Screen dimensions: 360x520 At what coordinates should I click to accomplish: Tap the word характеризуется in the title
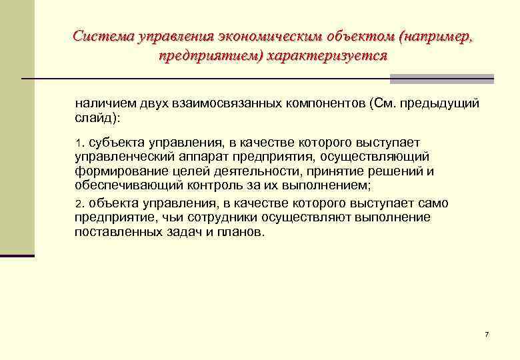[327, 55]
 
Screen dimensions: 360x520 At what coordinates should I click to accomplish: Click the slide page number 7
[487, 333]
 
